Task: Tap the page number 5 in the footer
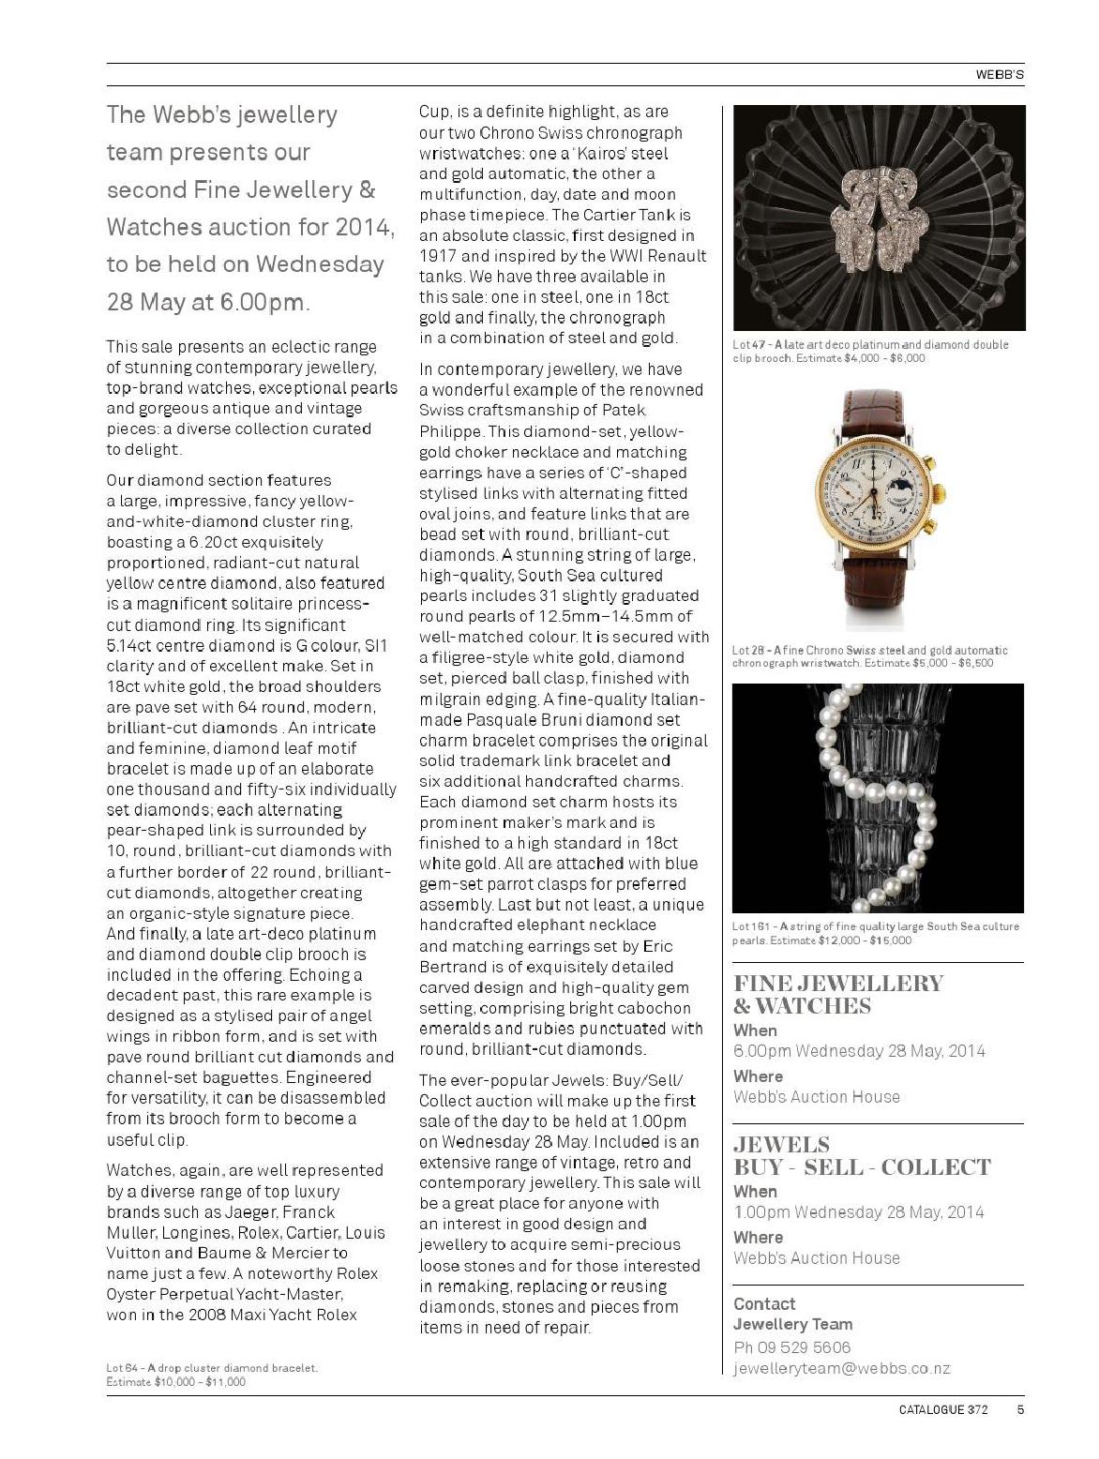[1019, 1408]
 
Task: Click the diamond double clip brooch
[878, 217]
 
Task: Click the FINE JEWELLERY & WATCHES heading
[837, 995]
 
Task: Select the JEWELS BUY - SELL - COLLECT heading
[862, 1156]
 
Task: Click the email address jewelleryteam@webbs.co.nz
[841, 1368]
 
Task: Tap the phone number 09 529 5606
[803, 1347]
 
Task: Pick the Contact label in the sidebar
[764, 1304]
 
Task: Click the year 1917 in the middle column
[437, 256]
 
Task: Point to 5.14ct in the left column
[134, 645]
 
